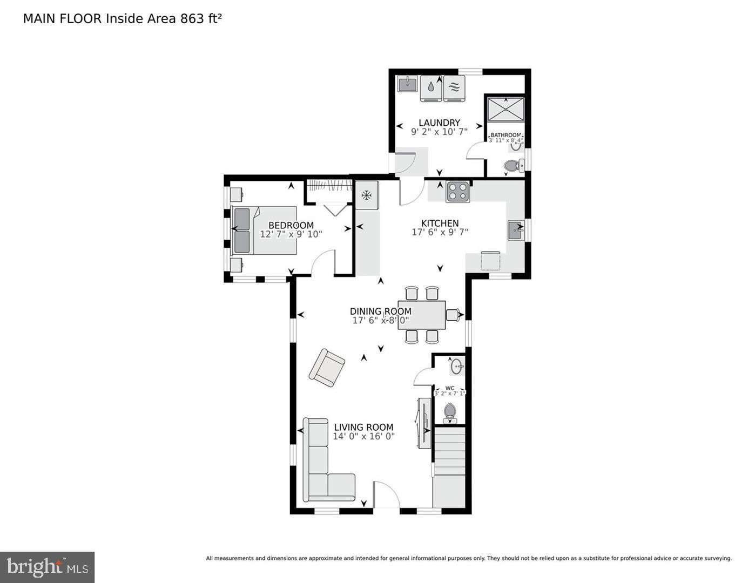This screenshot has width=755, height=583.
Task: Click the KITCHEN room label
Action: click(440, 223)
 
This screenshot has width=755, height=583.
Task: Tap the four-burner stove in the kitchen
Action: click(458, 192)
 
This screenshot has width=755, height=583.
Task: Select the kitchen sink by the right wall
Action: click(516, 230)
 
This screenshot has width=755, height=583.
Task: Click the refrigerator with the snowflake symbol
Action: click(367, 195)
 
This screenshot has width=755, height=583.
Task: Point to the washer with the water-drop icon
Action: click(431, 88)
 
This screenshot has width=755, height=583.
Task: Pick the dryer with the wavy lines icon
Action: click(454, 88)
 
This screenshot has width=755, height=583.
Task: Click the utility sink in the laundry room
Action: click(407, 84)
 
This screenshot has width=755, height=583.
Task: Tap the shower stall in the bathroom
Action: click(505, 110)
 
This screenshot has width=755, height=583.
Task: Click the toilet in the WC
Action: click(450, 413)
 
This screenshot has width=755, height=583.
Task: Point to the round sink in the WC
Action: click(457, 367)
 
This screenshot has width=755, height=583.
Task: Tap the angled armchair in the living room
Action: click(327, 368)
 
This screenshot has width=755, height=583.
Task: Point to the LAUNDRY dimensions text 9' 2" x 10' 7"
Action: click(439, 131)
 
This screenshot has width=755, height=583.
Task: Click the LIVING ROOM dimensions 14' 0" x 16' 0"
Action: click(363, 436)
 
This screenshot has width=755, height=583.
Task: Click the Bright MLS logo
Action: click(48, 567)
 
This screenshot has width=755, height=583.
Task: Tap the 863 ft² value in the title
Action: click(197, 18)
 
